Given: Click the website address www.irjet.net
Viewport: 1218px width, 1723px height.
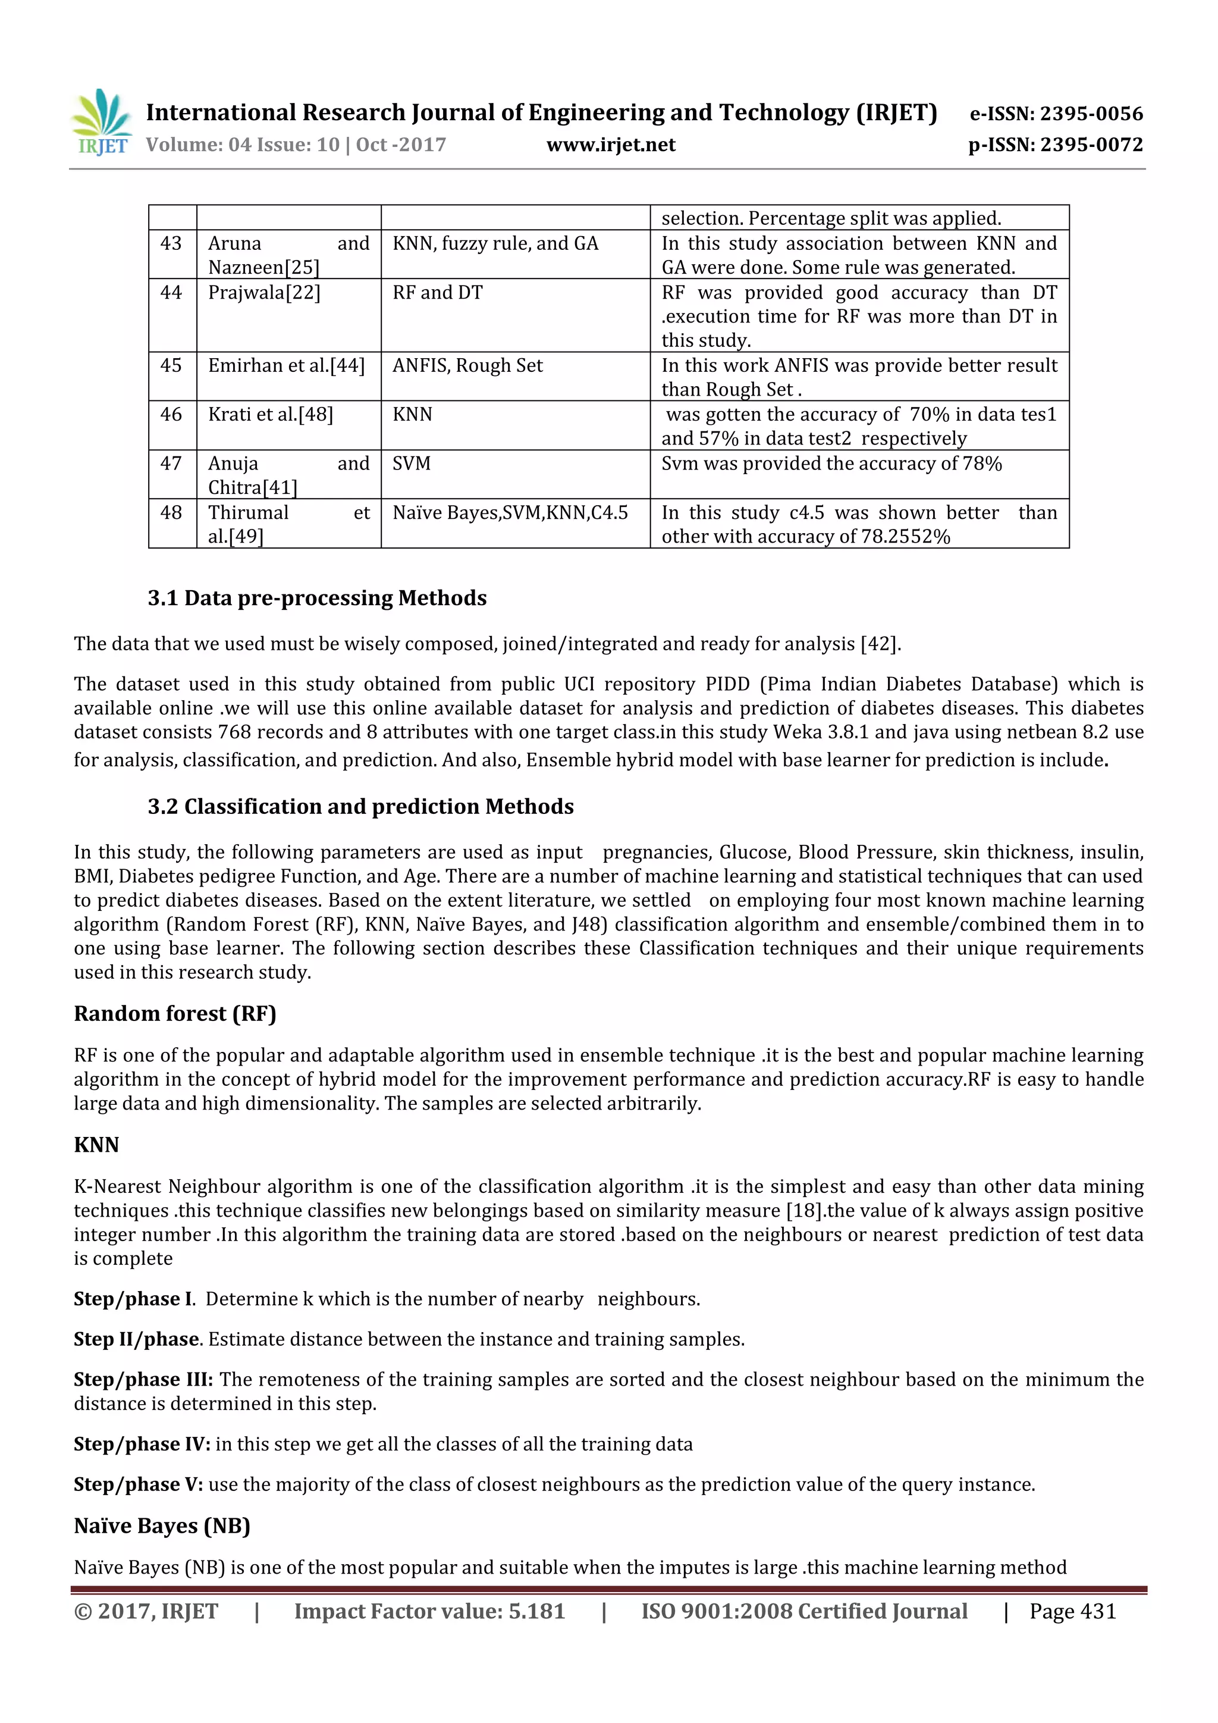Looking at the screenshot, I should (611, 145).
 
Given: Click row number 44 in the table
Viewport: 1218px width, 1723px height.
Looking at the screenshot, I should (171, 293).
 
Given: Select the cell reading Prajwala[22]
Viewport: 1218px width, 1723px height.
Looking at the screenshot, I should (264, 293).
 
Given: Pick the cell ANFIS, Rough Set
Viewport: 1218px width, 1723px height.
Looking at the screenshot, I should (467, 365).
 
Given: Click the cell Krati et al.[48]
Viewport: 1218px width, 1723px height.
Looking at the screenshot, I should (271, 414).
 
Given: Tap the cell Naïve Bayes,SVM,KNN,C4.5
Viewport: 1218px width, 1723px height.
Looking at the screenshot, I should (510, 512).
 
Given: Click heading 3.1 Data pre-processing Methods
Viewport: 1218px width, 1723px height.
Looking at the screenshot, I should (316, 598).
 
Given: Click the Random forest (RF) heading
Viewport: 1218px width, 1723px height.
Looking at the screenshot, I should (175, 1014).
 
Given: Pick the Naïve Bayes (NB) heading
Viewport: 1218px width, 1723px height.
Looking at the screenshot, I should (162, 1527).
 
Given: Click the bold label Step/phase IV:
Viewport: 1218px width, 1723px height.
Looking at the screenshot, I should (142, 1445).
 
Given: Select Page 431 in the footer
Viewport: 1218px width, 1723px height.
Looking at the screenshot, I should (1072, 1612).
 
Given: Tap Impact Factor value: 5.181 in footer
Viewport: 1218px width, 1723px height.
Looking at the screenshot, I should (429, 1612).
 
